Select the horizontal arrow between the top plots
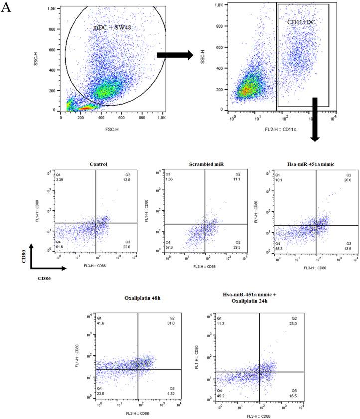pos(175,55)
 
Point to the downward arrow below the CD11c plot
pos(315,120)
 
